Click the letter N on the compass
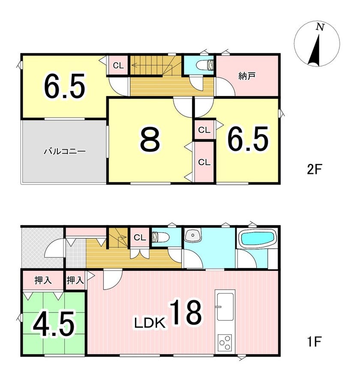(x=320, y=27)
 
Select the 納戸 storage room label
(x=247, y=76)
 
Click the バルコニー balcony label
(x=65, y=151)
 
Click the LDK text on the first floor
(x=150, y=323)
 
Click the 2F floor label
(x=314, y=169)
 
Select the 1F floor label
(x=314, y=342)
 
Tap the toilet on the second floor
(x=205, y=65)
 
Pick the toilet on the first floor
(x=160, y=237)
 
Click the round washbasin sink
(x=192, y=236)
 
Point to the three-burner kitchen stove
(x=225, y=342)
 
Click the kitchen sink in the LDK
(x=225, y=307)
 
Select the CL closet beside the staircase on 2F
(x=118, y=66)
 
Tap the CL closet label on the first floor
(x=140, y=238)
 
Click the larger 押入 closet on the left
(x=43, y=280)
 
